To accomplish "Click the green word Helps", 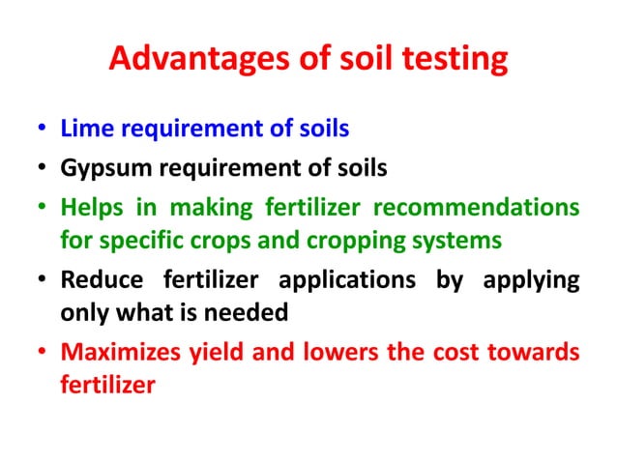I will coord(89,209).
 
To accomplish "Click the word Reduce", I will coord(96,281).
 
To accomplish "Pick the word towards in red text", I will coord(537,353).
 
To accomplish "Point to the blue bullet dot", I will coord(44,130).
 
